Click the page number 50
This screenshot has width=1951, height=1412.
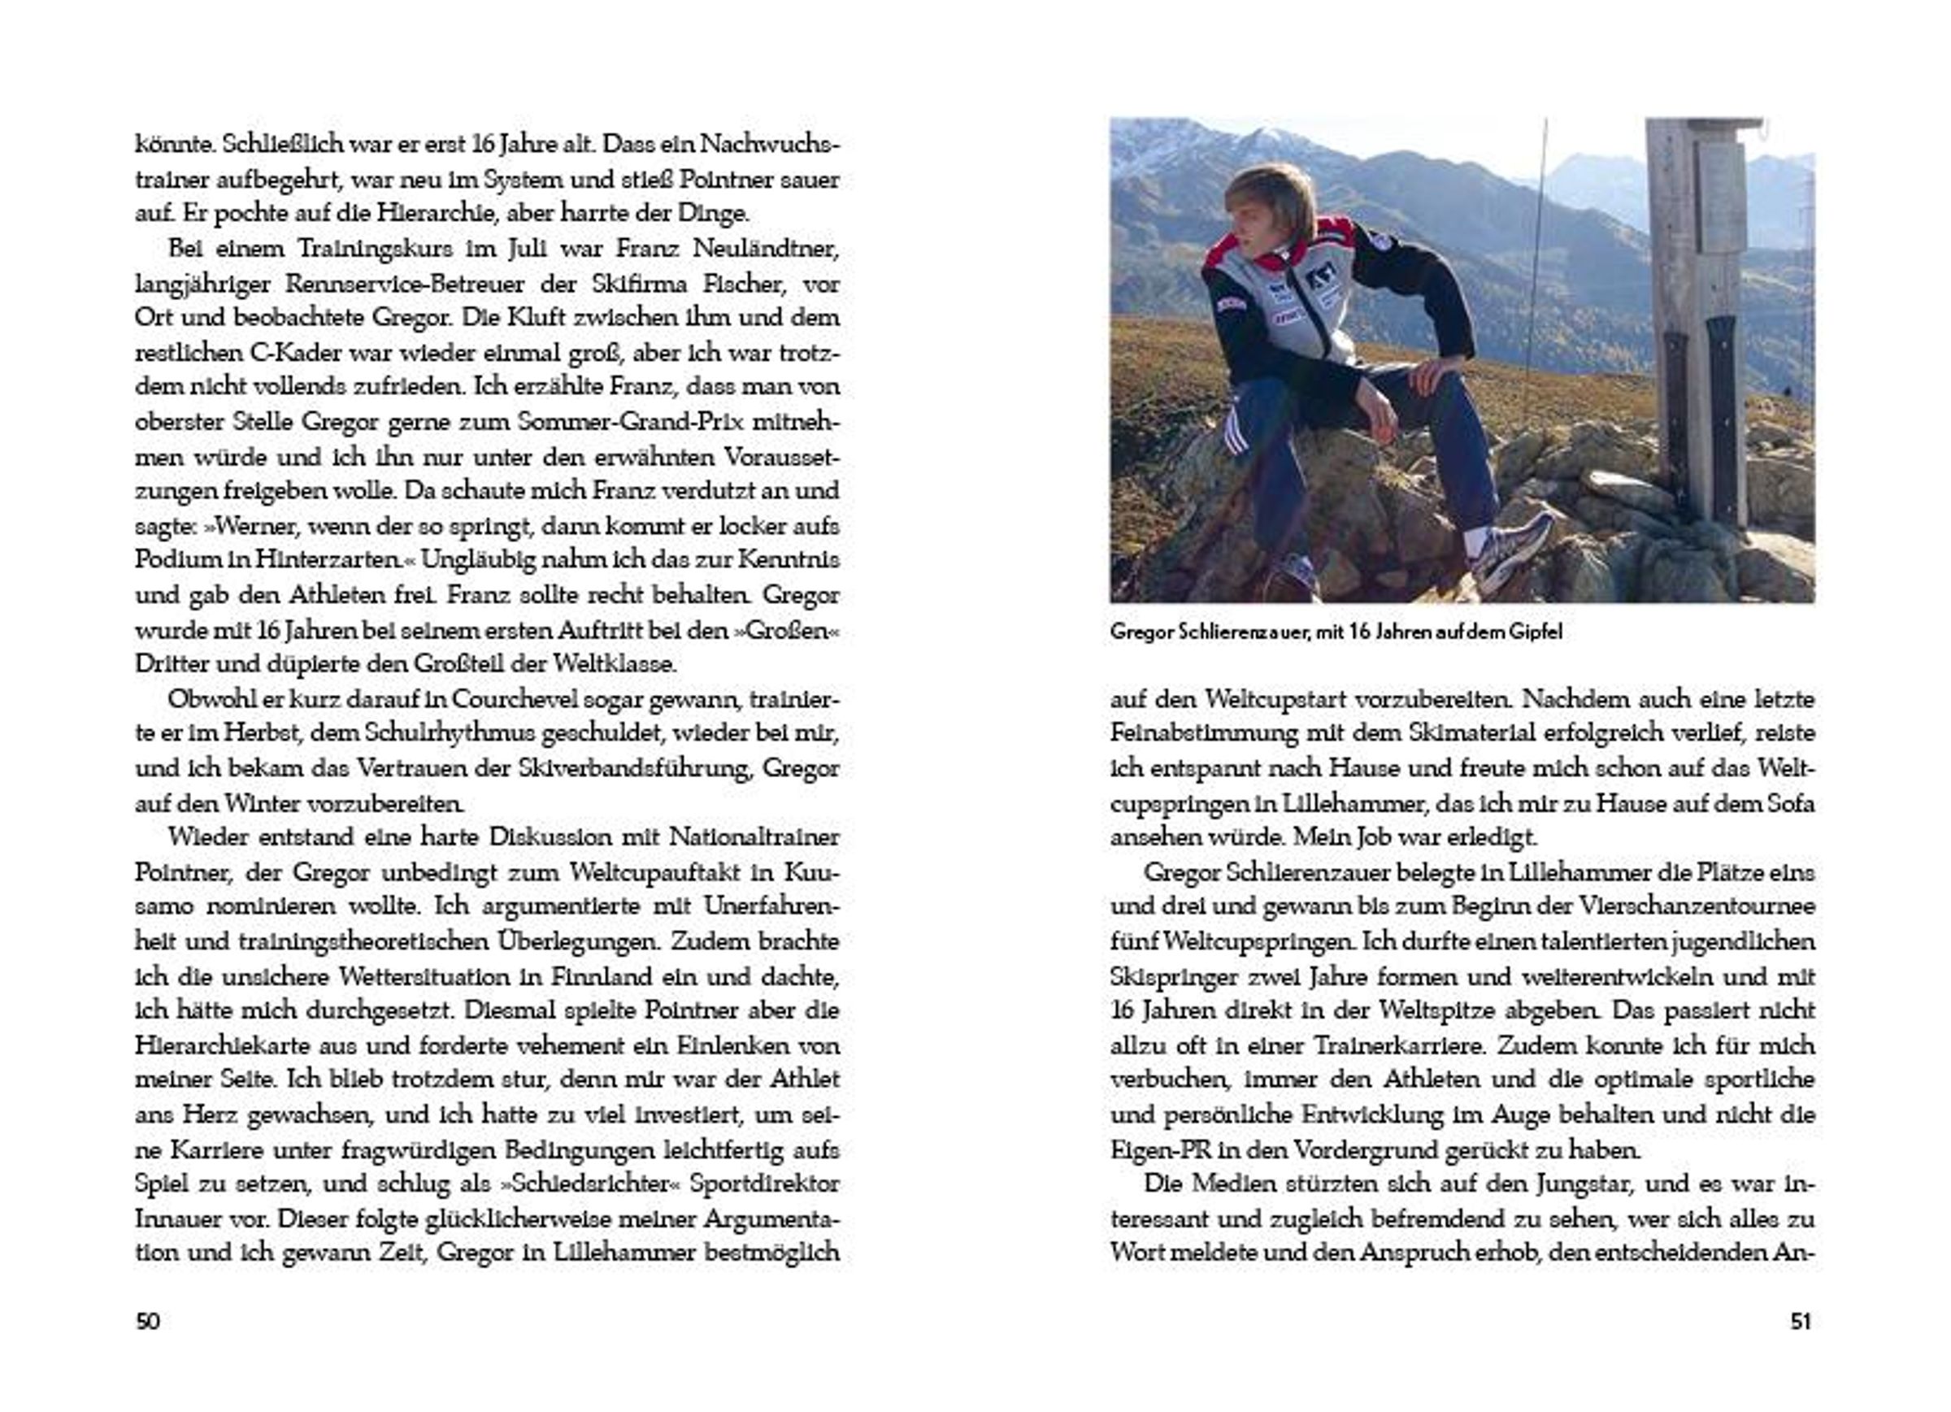(148, 1321)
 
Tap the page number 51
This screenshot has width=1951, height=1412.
(1801, 1321)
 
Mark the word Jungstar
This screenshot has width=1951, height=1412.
(1583, 1184)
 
